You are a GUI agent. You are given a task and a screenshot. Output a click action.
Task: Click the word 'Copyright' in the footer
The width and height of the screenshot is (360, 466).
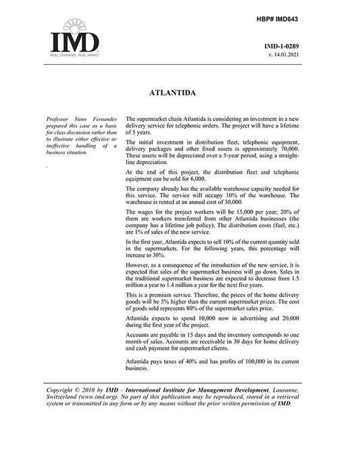coord(64,391)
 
